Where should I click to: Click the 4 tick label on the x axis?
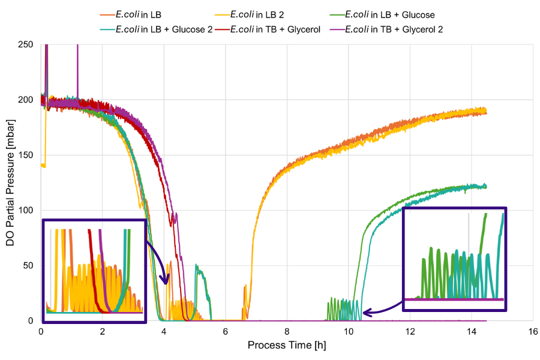point(164,331)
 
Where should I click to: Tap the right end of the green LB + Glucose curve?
point(486,187)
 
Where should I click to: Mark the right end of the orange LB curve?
point(486,112)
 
